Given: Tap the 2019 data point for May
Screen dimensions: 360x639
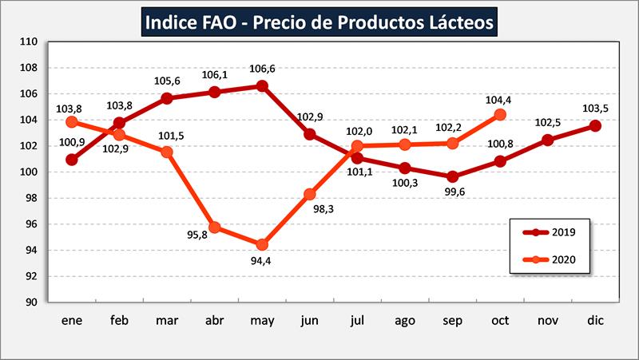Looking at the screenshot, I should click(x=261, y=85).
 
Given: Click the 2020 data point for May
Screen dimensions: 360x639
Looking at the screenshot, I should click(x=261, y=244).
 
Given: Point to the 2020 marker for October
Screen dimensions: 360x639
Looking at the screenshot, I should click(x=500, y=114).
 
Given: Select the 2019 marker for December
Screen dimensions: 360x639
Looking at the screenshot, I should click(x=595, y=126).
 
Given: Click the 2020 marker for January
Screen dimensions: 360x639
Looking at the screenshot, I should click(x=72, y=122).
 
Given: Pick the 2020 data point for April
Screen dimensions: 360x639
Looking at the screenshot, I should click(x=214, y=227).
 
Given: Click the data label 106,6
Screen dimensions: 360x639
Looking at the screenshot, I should click(x=261, y=68).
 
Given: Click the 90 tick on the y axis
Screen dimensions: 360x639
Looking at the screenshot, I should click(x=33, y=303).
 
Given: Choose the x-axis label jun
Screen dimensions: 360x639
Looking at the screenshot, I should click(x=309, y=319).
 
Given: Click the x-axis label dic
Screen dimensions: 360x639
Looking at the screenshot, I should click(x=595, y=319).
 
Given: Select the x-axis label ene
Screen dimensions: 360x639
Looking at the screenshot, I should click(x=72, y=319).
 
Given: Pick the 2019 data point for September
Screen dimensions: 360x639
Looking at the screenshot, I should click(x=453, y=176).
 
